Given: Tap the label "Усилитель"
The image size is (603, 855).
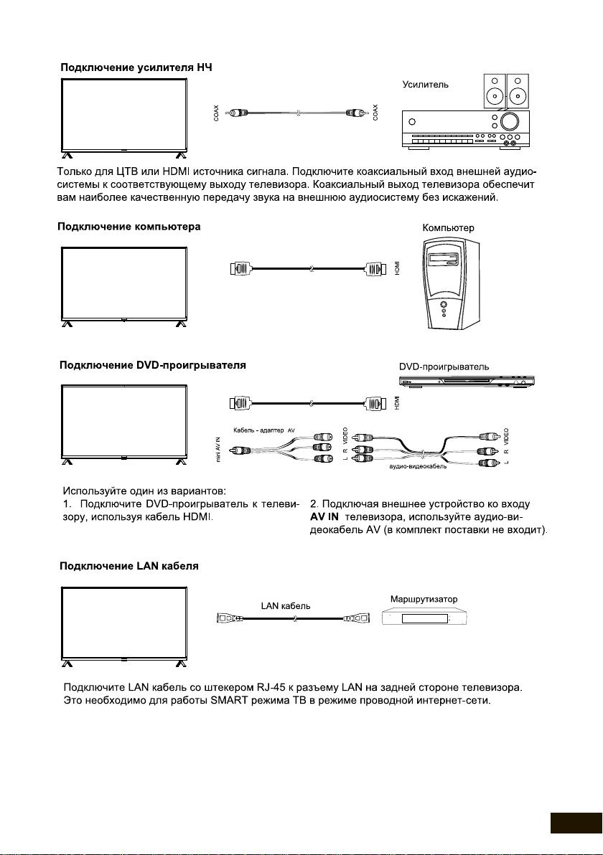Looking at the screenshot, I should tap(426, 85).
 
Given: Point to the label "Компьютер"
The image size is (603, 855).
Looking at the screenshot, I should tap(448, 227).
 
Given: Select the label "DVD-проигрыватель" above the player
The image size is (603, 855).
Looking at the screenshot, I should tap(444, 367).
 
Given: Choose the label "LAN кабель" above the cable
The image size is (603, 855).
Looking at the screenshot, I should tap(286, 605).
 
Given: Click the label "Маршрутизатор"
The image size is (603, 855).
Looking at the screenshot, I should tap(424, 598).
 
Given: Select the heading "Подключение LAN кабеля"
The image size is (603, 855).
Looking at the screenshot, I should tap(128, 566).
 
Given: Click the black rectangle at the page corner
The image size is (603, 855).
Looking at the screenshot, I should tap(576, 823).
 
